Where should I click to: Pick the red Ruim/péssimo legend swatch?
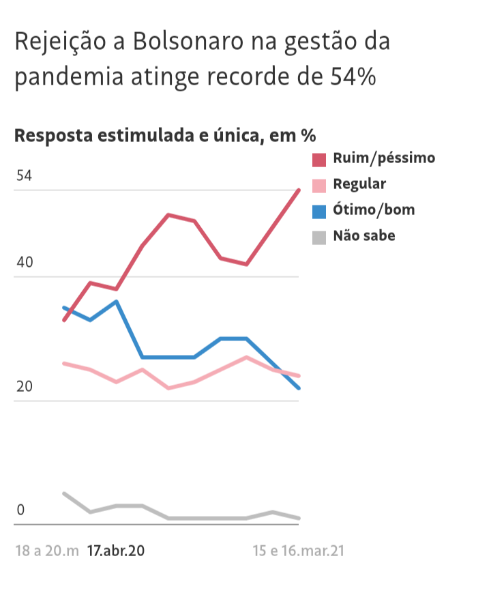click(x=319, y=159)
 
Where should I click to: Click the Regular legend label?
click(x=359, y=184)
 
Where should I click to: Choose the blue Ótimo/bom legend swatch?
click(x=319, y=210)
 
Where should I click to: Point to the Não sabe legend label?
click(x=364, y=236)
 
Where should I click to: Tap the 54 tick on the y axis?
click(x=24, y=176)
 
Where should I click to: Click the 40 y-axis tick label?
click(x=25, y=263)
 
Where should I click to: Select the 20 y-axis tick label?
click(x=25, y=387)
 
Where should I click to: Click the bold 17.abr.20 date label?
click(x=116, y=551)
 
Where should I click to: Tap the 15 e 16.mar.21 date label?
click(x=298, y=551)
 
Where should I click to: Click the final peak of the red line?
click(x=299, y=190)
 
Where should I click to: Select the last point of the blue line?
click(x=299, y=388)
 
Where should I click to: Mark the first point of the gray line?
click(x=64, y=493)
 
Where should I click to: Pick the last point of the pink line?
click(x=299, y=376)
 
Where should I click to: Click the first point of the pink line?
click(x=64, y=363)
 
